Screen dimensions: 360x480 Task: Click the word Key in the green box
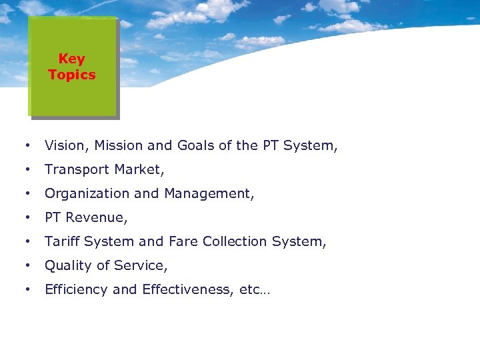pyautogui.click(x=71, y=59)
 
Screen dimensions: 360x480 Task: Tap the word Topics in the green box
pyautogui.click(x=71, y=75)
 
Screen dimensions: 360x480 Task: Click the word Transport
pyautogui.click(x=75, y=169)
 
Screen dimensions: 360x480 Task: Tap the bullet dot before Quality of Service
pyautogui.click(x=27, y=265)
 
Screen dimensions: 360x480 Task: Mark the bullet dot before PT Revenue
pyautogui.click(x=27, y=217)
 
